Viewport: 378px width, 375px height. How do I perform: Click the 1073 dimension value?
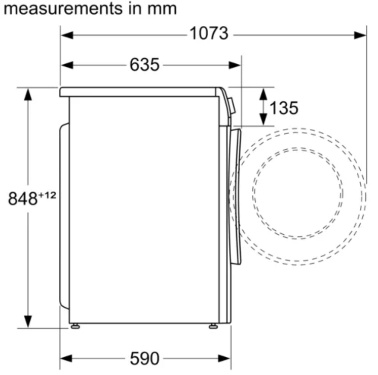click(x=209, y=33)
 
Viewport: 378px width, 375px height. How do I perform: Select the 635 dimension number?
click(x=144, y=65)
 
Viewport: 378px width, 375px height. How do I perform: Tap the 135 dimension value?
click(x=284, y=108)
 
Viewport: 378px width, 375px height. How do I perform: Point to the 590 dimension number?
click(x=144, y=359)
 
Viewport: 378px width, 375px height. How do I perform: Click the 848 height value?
click(x=23, y=198)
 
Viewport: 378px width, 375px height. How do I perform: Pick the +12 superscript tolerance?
click(x=47, y=195)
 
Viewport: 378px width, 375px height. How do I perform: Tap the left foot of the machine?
click(x=75, y=326)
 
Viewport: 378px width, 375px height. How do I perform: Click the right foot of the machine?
click(x=213, y=326)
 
